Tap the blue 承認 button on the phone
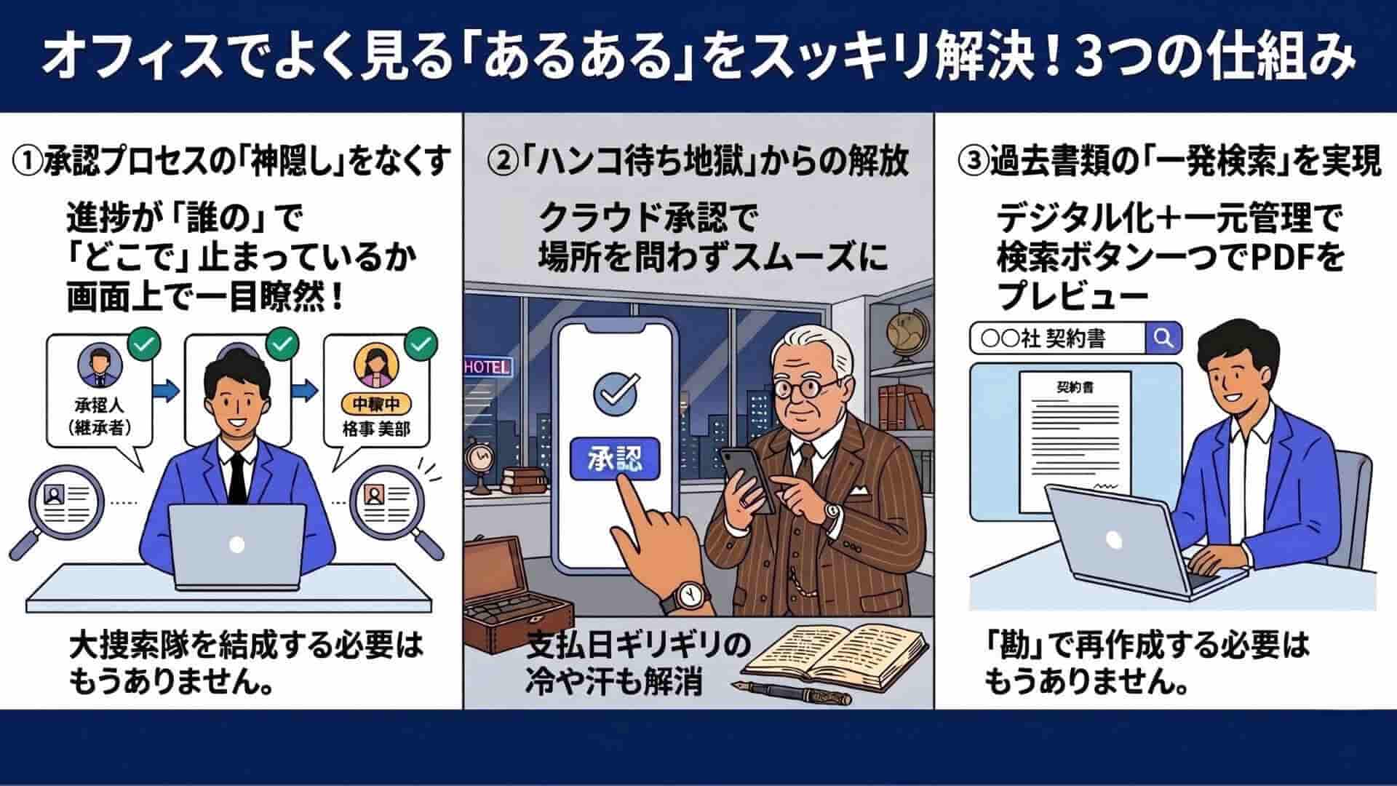616,459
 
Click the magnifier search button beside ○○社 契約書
1163,338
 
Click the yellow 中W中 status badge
376,404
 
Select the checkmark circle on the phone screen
616,391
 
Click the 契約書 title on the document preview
1075,388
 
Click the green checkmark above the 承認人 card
143,342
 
